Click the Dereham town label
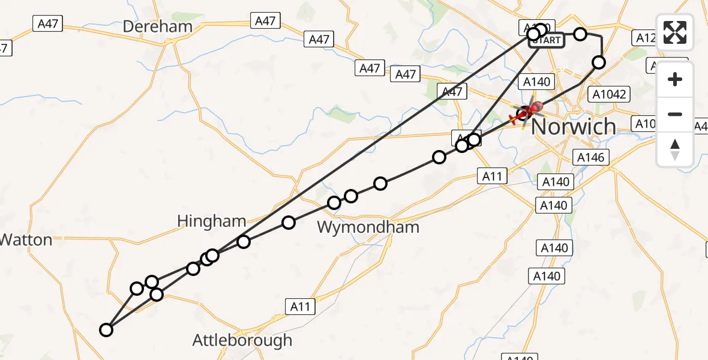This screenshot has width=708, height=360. click(158, 26)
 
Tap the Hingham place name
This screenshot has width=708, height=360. click(212, 221)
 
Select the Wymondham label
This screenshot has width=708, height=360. click(368, 227)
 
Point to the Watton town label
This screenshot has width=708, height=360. click(26, 240)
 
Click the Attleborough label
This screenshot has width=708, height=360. click(242, 340)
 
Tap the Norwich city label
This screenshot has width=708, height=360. click(573, 127)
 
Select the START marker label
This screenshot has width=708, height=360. click(547, 41)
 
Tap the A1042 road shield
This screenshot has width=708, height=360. click(609, 94)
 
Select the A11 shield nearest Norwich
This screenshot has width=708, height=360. click(493, 176)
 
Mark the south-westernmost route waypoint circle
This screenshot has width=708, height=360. click(106, 329)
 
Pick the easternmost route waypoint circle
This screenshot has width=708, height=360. click(599, 62)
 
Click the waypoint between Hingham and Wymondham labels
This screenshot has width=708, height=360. click(289, 223)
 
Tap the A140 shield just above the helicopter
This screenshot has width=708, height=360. click(537, 82)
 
